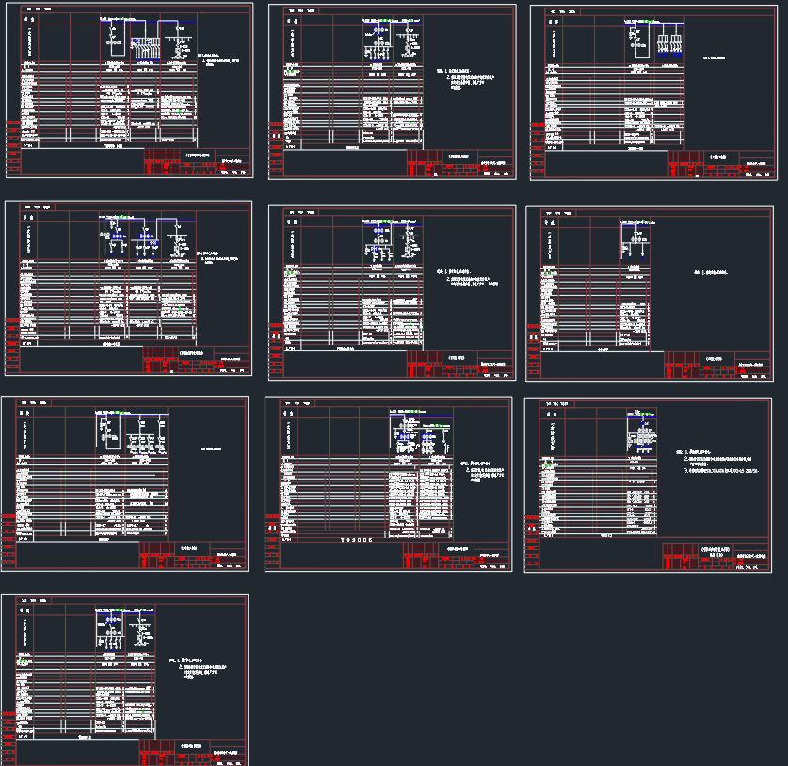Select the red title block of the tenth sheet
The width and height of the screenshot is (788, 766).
click(x=194, y=753)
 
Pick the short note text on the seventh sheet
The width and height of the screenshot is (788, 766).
click(x=217, y=449)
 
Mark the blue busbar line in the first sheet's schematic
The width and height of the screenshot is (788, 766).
click(x=151, y=24)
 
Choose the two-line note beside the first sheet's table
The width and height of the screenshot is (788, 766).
click(x=222, y=61)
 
